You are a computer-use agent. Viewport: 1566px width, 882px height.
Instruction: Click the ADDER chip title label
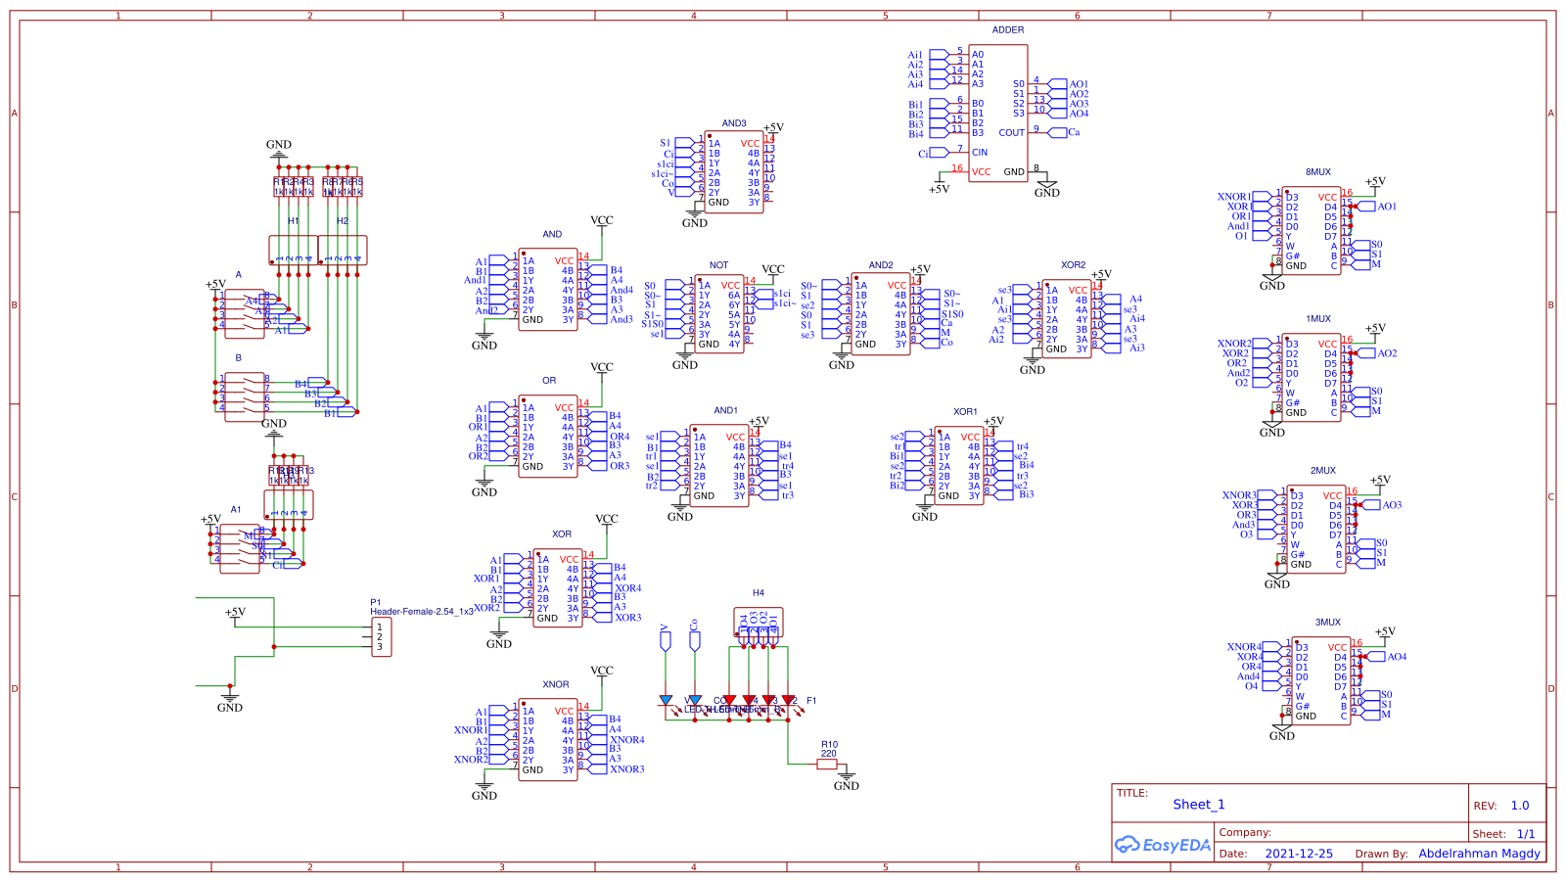point(1007,30)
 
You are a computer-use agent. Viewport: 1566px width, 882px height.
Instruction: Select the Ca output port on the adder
point(1074,132)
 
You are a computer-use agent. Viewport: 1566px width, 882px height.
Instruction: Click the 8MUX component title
point(1317,172)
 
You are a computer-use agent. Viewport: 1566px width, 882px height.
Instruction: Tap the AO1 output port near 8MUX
point(1386,207)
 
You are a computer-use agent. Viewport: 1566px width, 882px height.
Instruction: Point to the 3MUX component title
point(1327,623)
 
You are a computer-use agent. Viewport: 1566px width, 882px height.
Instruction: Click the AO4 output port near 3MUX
point(1396,657)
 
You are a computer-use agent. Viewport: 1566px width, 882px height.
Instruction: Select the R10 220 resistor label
point(829,749)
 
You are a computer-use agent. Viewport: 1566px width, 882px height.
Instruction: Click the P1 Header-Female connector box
point(381,637)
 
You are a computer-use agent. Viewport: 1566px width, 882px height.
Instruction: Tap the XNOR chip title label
point(555,685)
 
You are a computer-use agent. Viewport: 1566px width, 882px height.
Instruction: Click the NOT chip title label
point(718,265)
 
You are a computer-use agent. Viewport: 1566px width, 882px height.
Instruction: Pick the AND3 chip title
point(734,124)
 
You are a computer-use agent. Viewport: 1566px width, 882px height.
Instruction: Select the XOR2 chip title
point(1073,265)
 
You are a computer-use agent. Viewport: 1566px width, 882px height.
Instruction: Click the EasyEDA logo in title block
point(1163,845)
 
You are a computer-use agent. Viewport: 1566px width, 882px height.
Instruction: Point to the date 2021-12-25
point(1298,854)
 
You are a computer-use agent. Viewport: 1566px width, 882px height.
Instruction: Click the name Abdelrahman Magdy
point(1479,854)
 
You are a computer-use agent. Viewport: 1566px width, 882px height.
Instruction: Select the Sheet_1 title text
point(1198,805)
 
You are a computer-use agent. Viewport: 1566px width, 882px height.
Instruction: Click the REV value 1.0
point(1519,806)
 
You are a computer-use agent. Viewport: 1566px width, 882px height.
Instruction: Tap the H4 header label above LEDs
point(758,593)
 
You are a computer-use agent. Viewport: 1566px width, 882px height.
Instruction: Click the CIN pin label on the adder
point(979,153)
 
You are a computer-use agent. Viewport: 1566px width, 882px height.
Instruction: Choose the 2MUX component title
point(1322,471)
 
